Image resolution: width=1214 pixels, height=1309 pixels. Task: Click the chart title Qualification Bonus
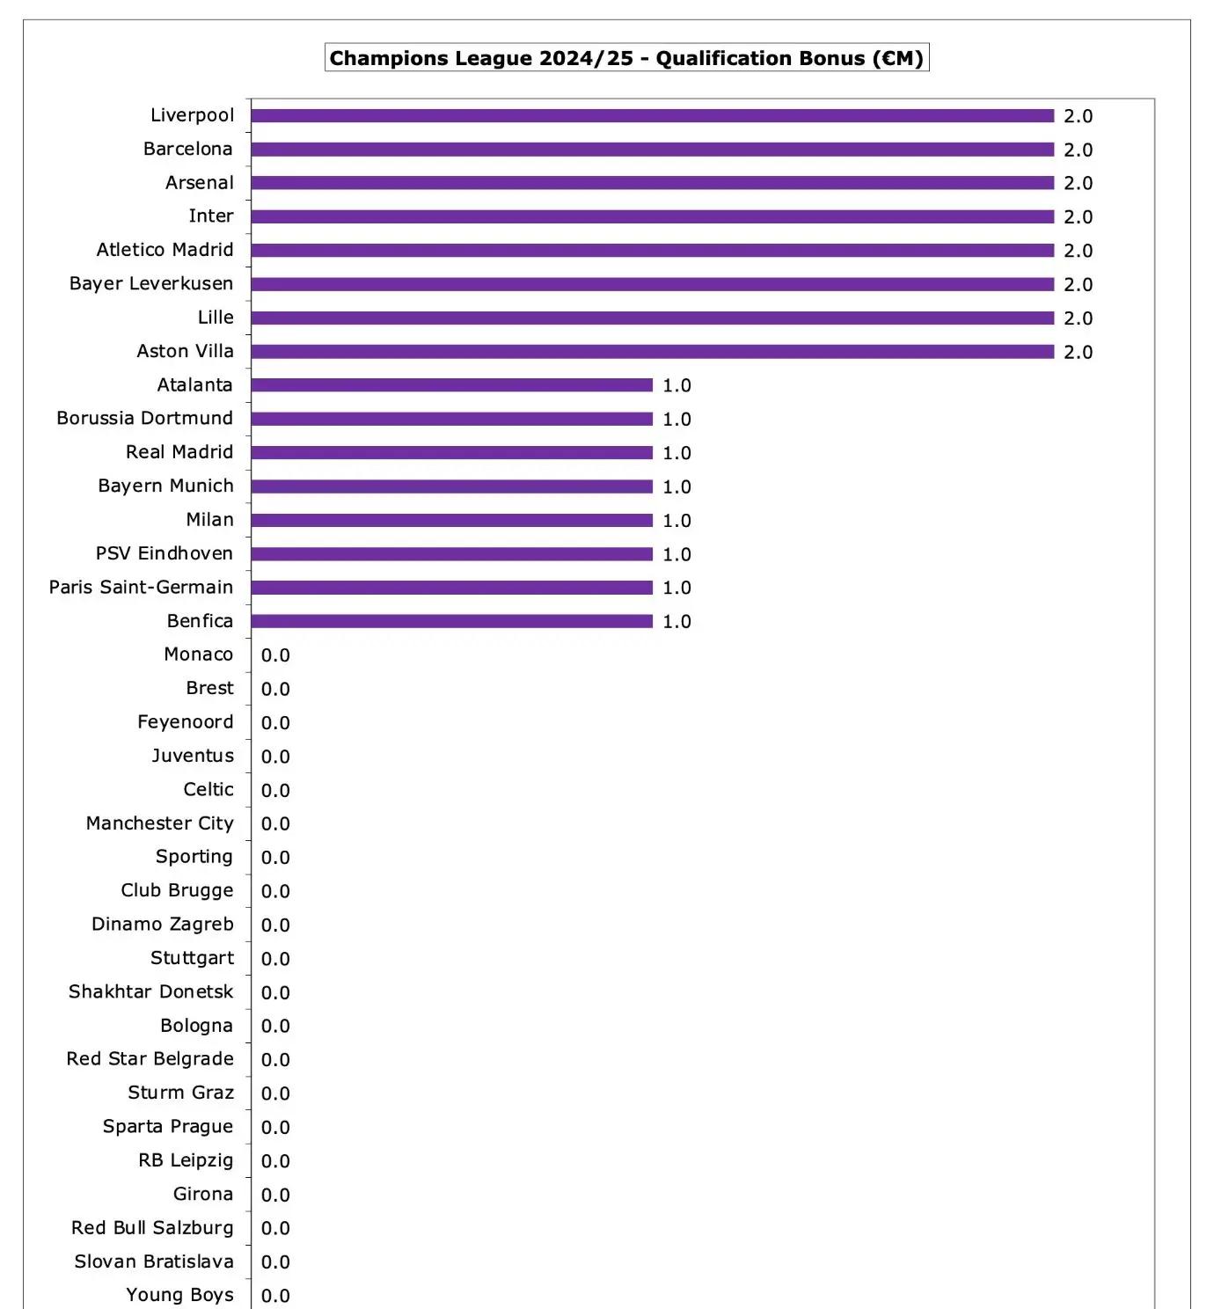coord(626,58)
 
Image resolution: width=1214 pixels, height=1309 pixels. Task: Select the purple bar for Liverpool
coord(652,116)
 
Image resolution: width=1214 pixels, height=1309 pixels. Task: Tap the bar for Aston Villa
coord(652,352)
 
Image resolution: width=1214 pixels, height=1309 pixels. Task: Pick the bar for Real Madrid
coord(451,452)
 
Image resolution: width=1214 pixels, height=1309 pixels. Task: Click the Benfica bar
coord(451,621)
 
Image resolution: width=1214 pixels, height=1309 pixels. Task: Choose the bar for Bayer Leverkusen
coord(652,284)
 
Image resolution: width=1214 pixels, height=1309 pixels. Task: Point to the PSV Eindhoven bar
coord(451,554)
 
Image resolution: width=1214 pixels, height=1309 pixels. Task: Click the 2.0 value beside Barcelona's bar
coord(1078,150)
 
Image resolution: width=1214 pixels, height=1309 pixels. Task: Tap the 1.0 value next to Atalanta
coord(676,385)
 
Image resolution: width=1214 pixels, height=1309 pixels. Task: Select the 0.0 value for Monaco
coord(275,655)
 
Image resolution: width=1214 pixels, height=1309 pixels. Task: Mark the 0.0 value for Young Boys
coord(275,1296)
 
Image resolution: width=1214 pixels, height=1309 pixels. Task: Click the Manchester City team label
coord(159,823)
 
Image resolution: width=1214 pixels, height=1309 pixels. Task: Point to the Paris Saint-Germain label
coord(141,587)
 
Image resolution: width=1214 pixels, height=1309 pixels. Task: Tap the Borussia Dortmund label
coord(144,418)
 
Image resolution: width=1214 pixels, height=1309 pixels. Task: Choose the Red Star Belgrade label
coord(150,1058)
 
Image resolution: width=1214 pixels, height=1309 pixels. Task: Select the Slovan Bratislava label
coord(154,1261)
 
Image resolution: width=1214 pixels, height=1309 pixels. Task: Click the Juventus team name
coord(193,756)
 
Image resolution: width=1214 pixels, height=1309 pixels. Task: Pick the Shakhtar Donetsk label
coord(150,991)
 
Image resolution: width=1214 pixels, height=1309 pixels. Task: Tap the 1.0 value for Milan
coord(676,521)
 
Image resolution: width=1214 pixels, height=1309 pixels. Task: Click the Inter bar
coord(652,216)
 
